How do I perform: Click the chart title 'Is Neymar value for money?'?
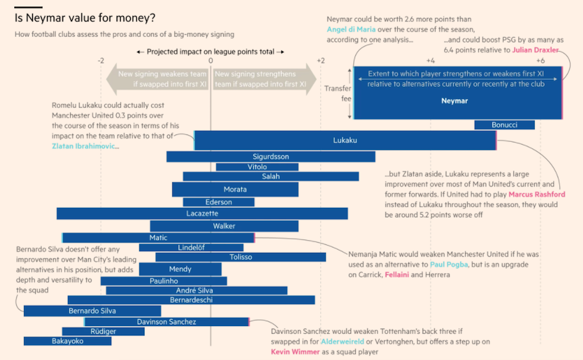(74, 18)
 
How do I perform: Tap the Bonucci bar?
(504, 125)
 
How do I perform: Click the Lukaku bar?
(344, 140)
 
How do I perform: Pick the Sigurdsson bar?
(271, 156)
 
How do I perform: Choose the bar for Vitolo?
(257, 167)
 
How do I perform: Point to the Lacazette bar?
(202, 213)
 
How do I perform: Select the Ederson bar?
(218, 202)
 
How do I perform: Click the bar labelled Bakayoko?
(67, 341)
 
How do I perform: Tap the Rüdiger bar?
(103, 331)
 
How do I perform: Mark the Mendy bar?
(180, 269)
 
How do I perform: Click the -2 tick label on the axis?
(101, 61)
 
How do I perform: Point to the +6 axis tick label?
(540, 61)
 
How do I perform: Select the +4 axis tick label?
(430, 61)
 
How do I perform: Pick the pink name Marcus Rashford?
(538, 195)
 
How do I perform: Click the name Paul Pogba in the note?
(449, 264)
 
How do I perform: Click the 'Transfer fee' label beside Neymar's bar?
(337, 93)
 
